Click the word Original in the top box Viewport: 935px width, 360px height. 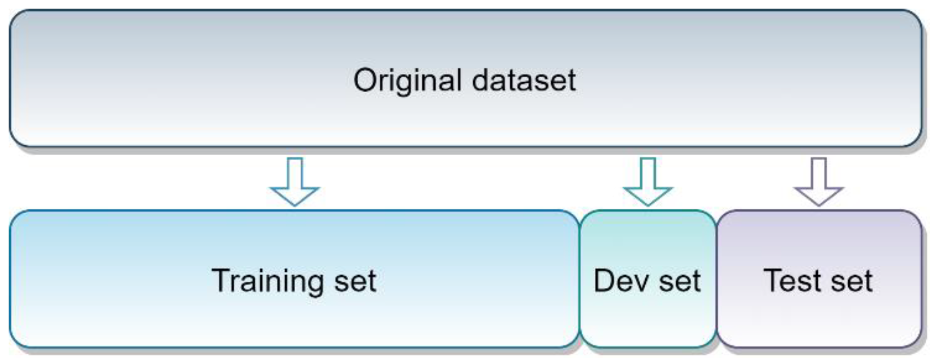click(407, 81)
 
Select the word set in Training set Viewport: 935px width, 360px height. click(356, 281)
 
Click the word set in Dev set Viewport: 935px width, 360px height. click(680, 281)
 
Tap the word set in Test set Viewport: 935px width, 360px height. click(852, 281)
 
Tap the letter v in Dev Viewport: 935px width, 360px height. click(640, 283)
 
